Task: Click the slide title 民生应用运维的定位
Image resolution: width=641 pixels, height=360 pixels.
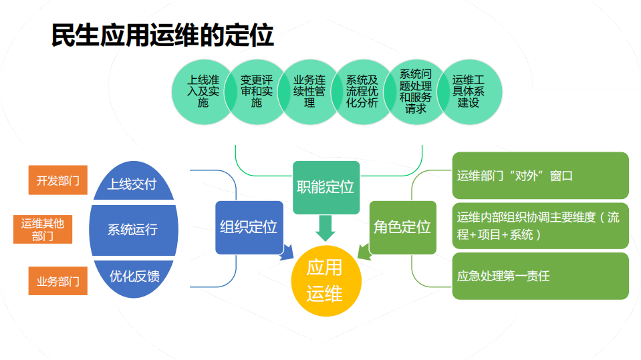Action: click(162, 35)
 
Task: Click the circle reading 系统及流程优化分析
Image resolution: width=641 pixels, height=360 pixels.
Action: click(362, 92)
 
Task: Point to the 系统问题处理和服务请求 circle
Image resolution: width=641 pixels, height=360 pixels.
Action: click(415, 92)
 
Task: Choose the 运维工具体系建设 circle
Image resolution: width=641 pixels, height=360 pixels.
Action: click(469, 92)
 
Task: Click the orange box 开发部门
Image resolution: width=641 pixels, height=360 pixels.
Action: click(58, 180)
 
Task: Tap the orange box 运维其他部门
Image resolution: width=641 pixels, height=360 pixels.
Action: click(43, 229)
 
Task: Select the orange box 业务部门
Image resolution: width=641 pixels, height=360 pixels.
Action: click(58, 281)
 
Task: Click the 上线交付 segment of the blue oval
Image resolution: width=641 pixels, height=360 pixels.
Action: click(132, 184)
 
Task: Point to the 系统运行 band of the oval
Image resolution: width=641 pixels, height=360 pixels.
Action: click(132, 230)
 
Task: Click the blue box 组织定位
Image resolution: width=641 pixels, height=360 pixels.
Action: click(249, 227)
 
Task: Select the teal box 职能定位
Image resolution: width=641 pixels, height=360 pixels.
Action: click(326, 187)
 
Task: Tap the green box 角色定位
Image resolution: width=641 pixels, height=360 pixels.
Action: click(402, 227)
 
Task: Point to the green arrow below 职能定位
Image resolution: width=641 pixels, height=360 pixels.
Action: click(326, 227)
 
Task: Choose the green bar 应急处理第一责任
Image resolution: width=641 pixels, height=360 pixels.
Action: click(540, 276)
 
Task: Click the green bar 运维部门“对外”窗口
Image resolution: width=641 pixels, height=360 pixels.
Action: click(540, 176)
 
